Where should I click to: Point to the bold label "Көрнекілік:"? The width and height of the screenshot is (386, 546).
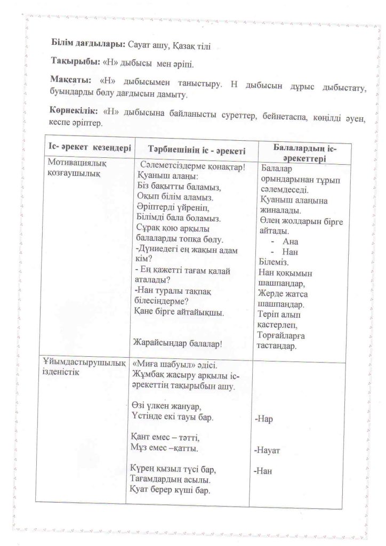75,111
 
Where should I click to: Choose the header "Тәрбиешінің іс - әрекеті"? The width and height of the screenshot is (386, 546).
195,149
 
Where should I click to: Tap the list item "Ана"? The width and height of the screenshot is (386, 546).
291,241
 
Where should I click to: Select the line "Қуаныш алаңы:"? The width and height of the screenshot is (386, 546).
166,176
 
